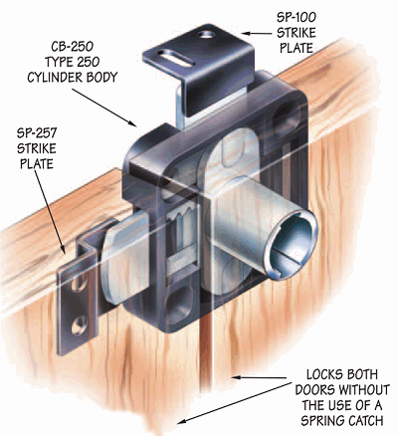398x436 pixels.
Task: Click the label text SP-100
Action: click(x=296, y=17)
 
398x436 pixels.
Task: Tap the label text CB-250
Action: click(x=72, y=47)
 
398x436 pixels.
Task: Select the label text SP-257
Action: click(x=37, y=133)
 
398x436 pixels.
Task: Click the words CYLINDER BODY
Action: click(x=73, y=78)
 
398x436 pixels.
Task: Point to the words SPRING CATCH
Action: click(x=342, y=421)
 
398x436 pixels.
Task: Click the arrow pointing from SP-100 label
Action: click(x=256, y=33)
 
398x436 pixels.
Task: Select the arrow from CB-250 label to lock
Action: click(x=103, y=108)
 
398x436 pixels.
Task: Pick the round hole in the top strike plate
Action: click(x=207, y=34)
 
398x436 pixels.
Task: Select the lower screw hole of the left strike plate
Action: click(x=79, y=326)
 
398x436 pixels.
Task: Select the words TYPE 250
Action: click(x=73, y=62)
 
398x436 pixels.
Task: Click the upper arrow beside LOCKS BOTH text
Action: click(x=259, y=377)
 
